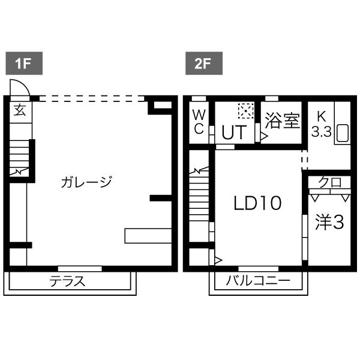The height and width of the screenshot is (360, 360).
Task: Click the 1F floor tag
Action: point(24,64)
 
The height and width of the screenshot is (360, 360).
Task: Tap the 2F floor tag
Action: point(204,64)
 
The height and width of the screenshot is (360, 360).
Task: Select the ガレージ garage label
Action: point(86,182)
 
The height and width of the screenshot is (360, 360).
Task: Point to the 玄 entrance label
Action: point(20,110)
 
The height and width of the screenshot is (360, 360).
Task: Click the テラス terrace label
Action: point(67,281)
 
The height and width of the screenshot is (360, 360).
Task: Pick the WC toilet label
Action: point(199,122)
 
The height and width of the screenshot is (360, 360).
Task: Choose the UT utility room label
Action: point(234,132)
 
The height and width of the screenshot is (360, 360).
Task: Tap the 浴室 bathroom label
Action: point(283,121)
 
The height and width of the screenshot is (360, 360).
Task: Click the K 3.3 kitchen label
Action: point(321,124)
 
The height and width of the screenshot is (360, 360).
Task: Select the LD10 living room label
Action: point(257,203)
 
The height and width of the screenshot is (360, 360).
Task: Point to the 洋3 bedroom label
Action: point(329,222)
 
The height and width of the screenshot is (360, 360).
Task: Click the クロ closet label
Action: point(330,182)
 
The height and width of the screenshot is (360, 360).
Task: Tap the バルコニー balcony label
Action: point(258,281)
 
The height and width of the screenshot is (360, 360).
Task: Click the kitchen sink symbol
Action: point(343,133)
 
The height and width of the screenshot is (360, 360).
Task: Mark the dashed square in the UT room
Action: point(246,111)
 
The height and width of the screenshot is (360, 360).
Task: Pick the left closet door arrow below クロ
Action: point(315,197)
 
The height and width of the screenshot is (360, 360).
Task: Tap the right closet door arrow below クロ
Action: point(346,197)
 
